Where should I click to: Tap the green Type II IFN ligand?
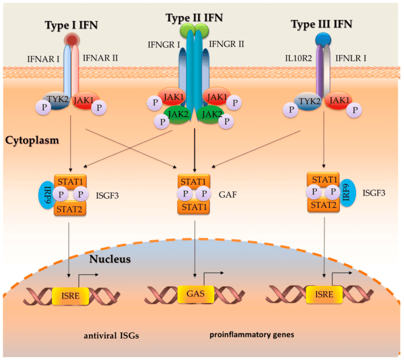pos(195,31)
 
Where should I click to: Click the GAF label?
pos(229,193)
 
